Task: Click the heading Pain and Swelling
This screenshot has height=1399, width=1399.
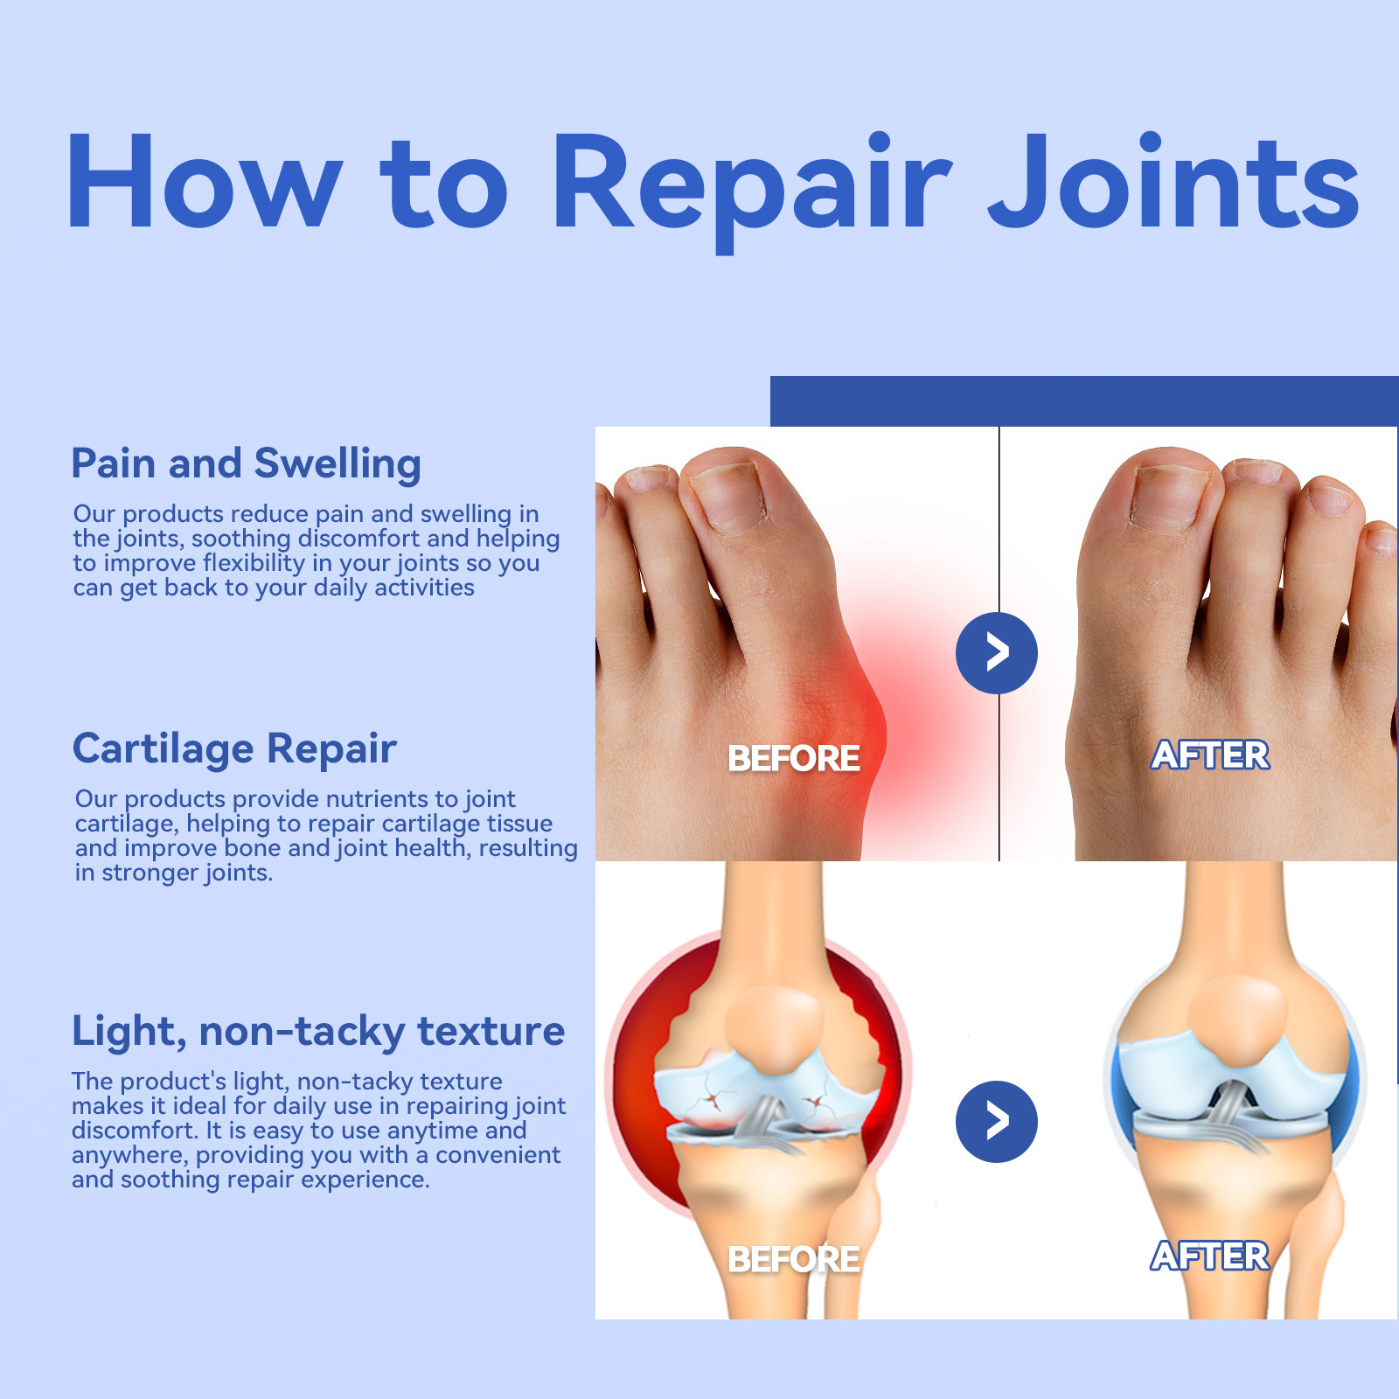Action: point(246,464)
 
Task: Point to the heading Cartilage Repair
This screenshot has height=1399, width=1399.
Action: point(234,749)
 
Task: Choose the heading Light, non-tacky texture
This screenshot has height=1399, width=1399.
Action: point(318,1032)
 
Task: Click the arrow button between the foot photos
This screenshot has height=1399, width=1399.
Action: point(997,653)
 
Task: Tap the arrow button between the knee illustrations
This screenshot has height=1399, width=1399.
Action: point(997,1122)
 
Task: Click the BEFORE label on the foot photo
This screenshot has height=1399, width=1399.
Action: point(794,759)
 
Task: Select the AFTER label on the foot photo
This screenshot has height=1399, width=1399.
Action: point(1210,755)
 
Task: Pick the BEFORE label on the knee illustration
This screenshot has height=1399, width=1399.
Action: point(794,1260)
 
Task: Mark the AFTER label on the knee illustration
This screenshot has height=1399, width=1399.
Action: point(1210,1256)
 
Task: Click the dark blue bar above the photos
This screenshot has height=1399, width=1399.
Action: point(1084,401)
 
